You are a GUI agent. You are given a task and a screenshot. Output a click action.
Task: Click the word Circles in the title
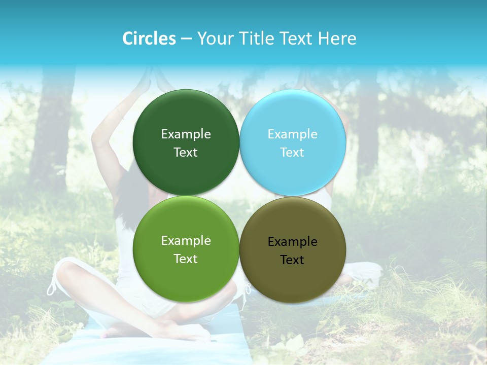(149, 39)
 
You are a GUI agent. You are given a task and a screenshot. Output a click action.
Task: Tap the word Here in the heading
(337, 39)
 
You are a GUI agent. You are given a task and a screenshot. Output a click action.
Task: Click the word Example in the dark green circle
(186, 134)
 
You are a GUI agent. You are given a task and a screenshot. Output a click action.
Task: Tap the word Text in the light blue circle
(292, 152)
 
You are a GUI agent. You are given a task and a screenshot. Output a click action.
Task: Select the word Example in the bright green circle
(186, 240)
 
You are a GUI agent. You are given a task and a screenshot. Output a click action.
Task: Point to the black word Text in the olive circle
(292, 260)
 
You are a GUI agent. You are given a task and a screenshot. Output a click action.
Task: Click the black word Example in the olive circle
(293, 241)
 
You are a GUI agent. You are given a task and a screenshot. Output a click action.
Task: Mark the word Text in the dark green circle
(186, 152)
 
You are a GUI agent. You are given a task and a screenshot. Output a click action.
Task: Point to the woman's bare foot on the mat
(122, 332)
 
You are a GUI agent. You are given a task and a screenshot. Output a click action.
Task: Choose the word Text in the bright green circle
(186, 259)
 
